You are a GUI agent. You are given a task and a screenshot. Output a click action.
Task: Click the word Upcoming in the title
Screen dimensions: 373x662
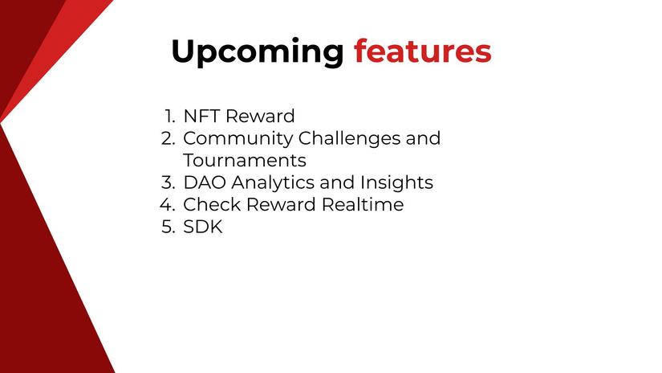click(x=257, y=52)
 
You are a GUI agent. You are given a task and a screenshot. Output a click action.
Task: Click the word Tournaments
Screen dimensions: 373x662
click(x=244, y=160)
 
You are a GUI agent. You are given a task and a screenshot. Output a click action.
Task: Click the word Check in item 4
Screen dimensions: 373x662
click(x=211, y=204)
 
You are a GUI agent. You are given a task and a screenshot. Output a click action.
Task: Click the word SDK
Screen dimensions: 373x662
click(x=202, y=227)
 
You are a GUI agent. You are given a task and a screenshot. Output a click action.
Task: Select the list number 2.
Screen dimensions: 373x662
click(x=167, y=138)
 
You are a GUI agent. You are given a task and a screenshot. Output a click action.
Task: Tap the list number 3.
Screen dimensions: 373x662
click(x=167, y=182)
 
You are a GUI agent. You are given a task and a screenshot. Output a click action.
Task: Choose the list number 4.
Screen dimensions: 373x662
click(x=167, y=204)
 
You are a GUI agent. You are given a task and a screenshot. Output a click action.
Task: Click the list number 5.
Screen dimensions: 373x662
click(x=167, y=227)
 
